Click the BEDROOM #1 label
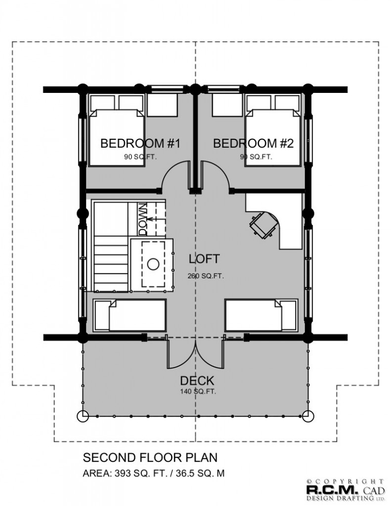[x=140, y=143]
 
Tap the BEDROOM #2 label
[x=254, y=143]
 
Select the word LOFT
[x=204, y=259]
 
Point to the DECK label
[x=197, y=381]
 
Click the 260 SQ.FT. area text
[x=206, y=276]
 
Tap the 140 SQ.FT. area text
[x=198, y=392]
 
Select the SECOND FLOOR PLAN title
[x=150, y=458]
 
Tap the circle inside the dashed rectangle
[x=153, y=265]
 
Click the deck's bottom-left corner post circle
[x=83, y=416]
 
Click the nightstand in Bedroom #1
[x=163, y=106]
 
